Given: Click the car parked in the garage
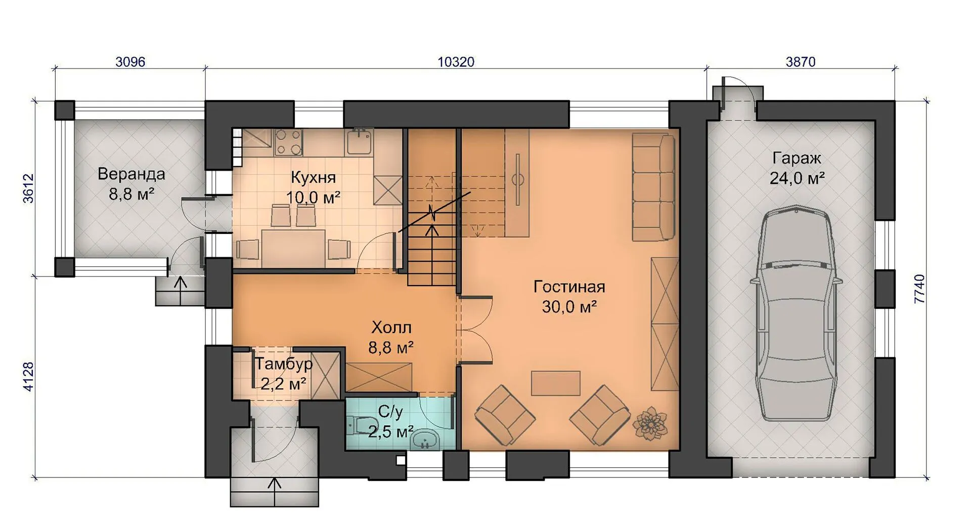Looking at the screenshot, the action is (x=797, y=313).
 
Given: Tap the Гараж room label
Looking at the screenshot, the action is (x=797, y=158).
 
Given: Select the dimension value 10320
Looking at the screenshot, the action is (x=456, y=62).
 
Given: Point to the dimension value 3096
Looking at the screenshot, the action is (x=130, y=62).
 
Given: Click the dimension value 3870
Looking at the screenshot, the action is (x=801, y=62).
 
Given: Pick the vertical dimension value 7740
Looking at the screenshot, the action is (x=919, y=289).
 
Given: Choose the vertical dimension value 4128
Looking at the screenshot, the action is (x=29, y=376).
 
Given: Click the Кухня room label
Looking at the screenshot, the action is (x=313, y=178).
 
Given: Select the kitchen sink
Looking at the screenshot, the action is (x=360, y=141).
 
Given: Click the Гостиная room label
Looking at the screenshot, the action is (x=569, y=287).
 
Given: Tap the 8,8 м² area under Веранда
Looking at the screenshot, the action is (x=131, y=193).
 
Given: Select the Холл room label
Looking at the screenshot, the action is (x=391, y=328).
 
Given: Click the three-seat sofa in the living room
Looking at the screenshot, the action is (x=653, y=186).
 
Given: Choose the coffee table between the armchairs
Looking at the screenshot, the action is (x=555, y=383).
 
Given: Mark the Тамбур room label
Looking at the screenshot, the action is (x=283, y=364).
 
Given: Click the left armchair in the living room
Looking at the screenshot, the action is (x=505, y=415).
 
